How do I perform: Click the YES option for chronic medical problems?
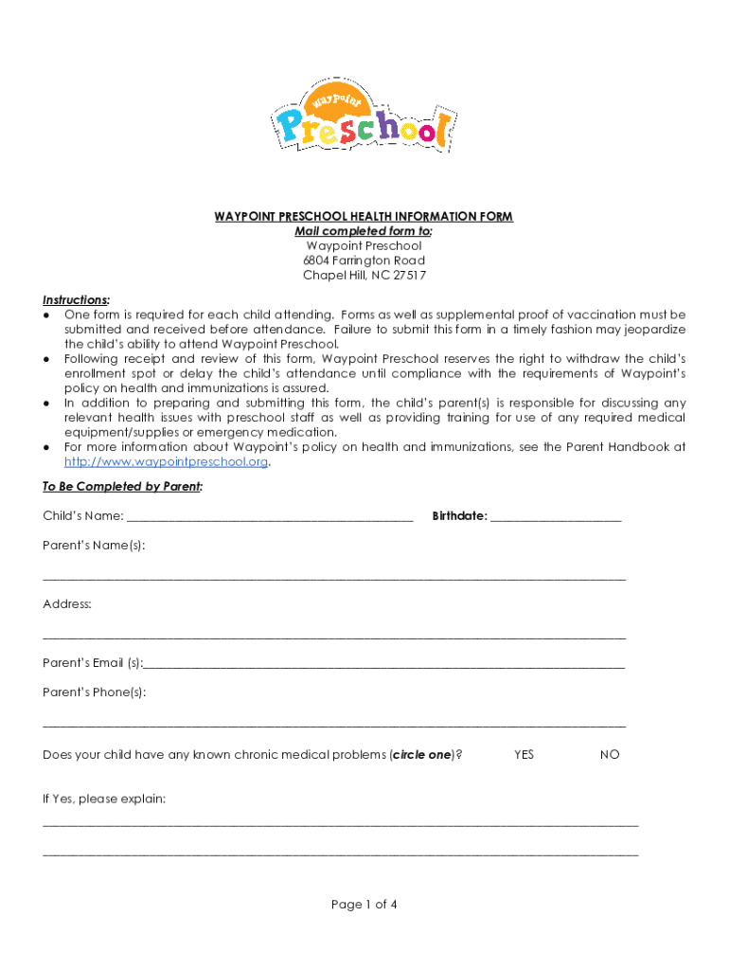pyautogui.click(x=524, y=755)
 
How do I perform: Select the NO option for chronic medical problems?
pyautogui.click(x=610, y=755)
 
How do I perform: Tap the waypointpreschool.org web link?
pyautogui.click(x=167, y=462)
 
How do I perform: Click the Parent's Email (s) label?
pyautogui.click(x=93, y=663)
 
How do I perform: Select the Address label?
pyautogui.click(x=67, y=604)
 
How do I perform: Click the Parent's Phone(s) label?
pyautogui.click(x=95, y=692)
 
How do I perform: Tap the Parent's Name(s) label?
pyautogui.click(x=94, y=546)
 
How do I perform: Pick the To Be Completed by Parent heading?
pyautogui.click(x=123, y=487)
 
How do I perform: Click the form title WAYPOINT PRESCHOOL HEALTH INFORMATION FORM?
pyautogui.click(x=364, y=217)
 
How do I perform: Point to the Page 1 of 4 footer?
pyautogui.click(x=364, y=905)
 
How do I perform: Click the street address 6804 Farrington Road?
pyautogui.click(x=364, y=260)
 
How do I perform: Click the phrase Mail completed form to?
pyautogui.click(x=364, y=231)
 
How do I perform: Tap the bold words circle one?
pyautogui.click(x=421, y=755)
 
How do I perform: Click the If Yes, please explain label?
pyautogui.click(x=104, y=799)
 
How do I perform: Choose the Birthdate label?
pyautogui.click(x=459, y=516)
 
